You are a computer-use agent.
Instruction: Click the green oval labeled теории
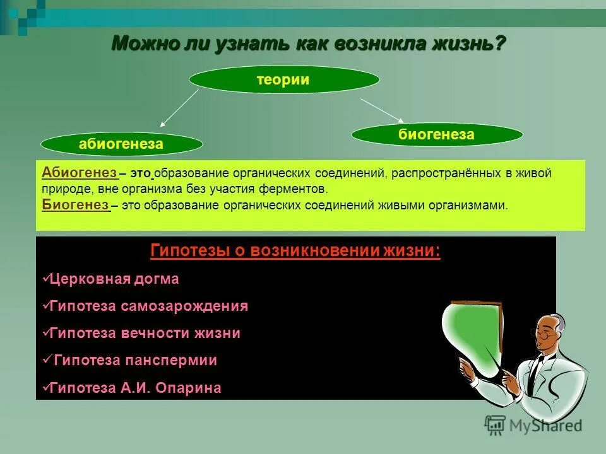pyautogui.click(x=284, y=80)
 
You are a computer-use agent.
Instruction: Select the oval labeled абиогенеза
pyautogui.click(x=121, y=144)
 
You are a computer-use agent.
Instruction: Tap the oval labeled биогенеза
pyautogui.click(x=436, y=134)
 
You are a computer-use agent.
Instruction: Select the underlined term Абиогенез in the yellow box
pyautogui.click(x=79, y=173)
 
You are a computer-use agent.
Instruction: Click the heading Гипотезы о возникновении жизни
pyautogui.click(x=295, y=251)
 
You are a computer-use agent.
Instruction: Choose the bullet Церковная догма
pyautogui.click(x=114, y=279)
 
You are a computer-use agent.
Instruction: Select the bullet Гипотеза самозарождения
pyautogui.click(x=148, y=306)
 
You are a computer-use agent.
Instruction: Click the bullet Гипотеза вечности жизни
pyautogui.click(x=144, y=334)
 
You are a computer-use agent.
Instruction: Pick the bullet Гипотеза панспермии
pyautogui.click(x=135, y=361)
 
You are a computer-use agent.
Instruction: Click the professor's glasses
pyautogui.click(x=544, y=335)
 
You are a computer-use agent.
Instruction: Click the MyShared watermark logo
pyautogui.click(x=533, y=424)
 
